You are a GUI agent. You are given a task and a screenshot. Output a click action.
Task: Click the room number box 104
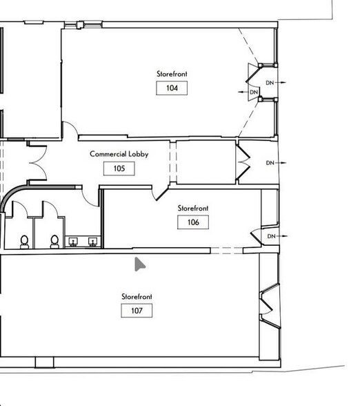point(172,88)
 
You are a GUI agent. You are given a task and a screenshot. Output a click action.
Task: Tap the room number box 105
point(119,168)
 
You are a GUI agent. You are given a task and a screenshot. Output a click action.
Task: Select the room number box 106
point(193,222)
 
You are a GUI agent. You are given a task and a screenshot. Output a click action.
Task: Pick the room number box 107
point(137,311)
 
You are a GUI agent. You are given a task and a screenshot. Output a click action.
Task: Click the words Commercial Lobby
point(119,154)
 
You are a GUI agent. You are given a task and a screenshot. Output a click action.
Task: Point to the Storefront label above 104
point(172,74)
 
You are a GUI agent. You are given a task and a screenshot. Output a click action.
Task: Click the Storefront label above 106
point(193,209)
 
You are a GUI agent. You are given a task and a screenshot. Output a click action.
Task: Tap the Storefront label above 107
point(137,296)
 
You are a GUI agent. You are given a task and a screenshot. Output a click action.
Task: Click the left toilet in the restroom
point(25,242)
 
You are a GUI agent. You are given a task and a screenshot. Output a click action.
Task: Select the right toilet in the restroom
point(54,242)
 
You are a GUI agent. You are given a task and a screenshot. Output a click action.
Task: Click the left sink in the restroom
point(73,242)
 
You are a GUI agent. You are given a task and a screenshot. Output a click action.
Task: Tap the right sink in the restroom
point(92,242)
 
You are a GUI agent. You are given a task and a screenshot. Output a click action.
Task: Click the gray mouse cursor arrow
point(139,264)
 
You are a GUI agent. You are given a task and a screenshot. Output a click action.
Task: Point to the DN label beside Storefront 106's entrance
point(271,236)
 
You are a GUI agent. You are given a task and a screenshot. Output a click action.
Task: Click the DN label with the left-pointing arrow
point(254,93)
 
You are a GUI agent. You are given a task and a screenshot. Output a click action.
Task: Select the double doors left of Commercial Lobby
point(38,163)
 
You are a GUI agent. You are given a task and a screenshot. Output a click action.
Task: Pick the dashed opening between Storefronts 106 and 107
point(226,251)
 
